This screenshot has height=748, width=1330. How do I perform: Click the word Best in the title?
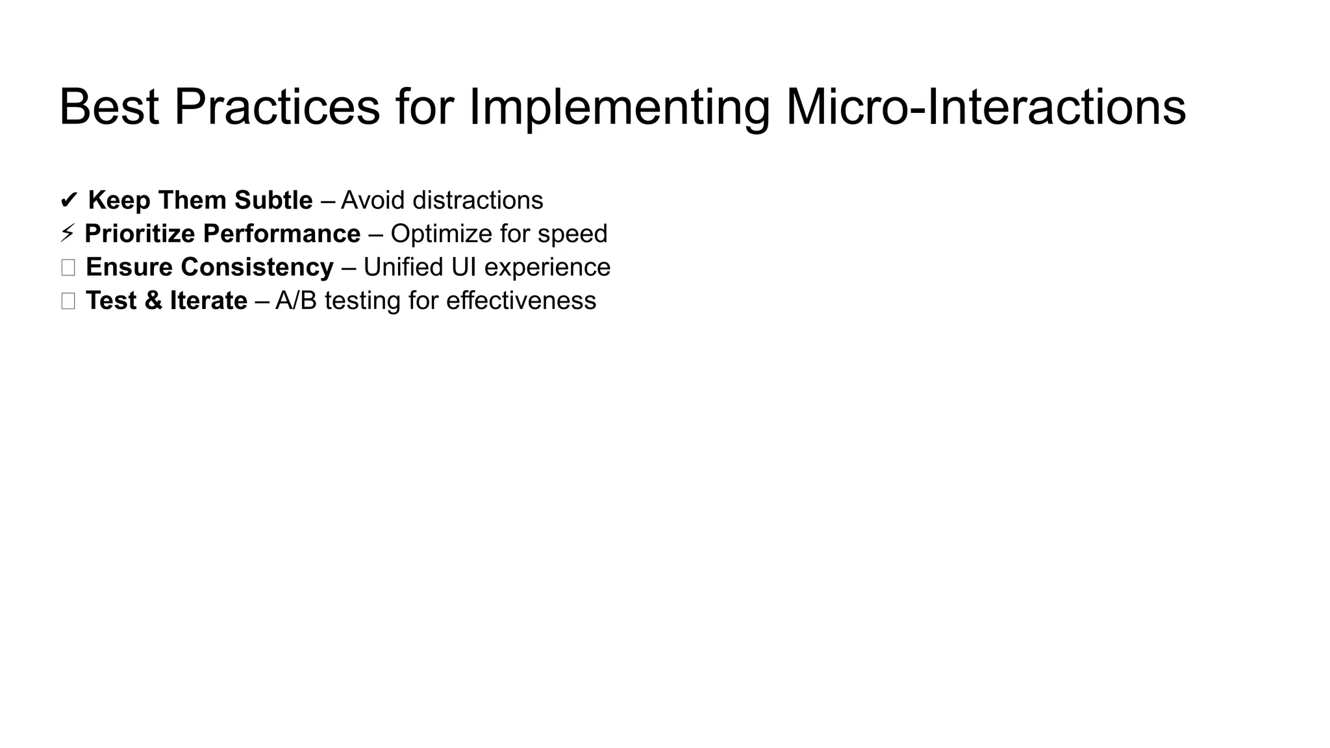[x=108, y=107]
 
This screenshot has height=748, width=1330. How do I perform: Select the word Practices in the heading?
[x=277, y=107]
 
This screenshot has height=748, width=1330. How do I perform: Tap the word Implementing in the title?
[x=619, y=107]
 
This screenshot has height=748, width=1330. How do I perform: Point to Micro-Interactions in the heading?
[x=986, y=107]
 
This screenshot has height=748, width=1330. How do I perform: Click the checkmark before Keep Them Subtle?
[x=68, y=201]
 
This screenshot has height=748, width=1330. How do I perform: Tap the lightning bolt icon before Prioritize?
[x=67, y=234]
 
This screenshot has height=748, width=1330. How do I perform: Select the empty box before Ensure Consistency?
[x=68, y=268]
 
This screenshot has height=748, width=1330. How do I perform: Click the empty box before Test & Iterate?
[x=68, y=301]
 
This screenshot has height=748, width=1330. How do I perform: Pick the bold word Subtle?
[x=273, y=200]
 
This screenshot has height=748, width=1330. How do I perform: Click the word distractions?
[x=478, y=200]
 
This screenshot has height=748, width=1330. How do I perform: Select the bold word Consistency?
[x=257, y=268]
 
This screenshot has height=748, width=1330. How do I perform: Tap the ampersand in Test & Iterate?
[x=153, y=301]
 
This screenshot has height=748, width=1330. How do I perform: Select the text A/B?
[x=295, y=301]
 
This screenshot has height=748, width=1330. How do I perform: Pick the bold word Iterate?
[x=208, y=301]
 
